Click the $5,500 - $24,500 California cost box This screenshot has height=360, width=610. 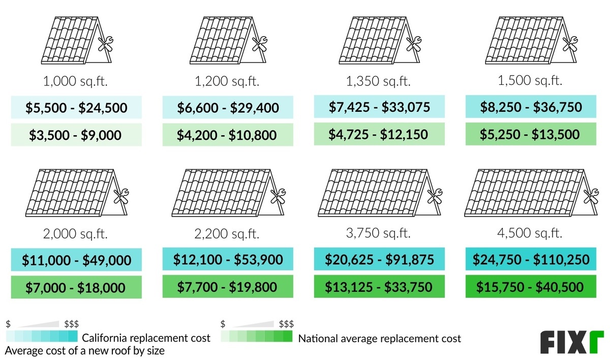76,108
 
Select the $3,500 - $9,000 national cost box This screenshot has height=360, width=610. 76,135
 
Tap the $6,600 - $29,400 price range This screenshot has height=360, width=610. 228,108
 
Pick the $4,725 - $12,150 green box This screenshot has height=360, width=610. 379,135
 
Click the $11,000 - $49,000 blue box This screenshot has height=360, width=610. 76,260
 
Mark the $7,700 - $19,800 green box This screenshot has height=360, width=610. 228,287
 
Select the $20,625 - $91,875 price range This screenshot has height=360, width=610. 379,260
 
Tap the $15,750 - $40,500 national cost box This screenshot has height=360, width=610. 531,287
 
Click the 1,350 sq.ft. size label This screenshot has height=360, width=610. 379,80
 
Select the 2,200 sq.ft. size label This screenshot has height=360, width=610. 228,234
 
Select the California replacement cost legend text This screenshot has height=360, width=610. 146,338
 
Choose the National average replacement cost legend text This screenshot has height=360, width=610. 380,339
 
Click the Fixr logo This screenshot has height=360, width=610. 571,342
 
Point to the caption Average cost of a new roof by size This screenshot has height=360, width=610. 85,350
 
